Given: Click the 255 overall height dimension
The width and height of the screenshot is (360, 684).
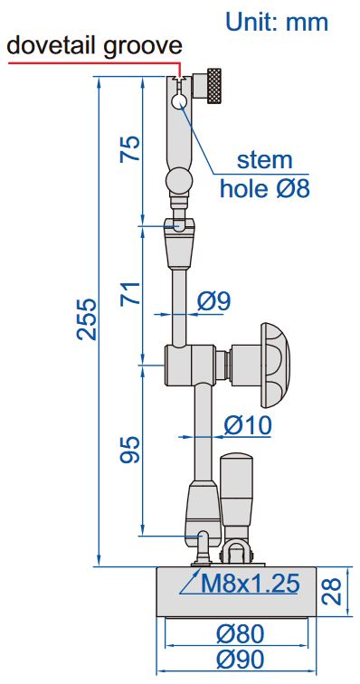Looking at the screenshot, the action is pyautogui.click(x=87, y=318).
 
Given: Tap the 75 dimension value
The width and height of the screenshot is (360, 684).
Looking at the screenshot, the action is pyautogui.click(x=130, y=148).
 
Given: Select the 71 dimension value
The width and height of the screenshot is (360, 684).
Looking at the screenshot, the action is pyautogui.click(x=130, y=293).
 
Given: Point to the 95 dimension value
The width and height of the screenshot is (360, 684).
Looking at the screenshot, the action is pyautogui.click(x=130, y=450).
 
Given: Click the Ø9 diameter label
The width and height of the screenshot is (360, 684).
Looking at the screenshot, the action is pyautogui.click(x=213, y=301).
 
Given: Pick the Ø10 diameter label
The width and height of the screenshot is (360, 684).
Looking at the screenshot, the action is pyautogui.click(x=248, y=425).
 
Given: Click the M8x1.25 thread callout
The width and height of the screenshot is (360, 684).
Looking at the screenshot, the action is pyautogui.click(x=250, y=584).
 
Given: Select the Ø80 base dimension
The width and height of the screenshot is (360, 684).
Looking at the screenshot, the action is pyautogui.click(x=240, y=634).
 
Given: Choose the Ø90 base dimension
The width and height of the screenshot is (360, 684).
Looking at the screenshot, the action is pyautogui.click(x=240, y=660).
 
